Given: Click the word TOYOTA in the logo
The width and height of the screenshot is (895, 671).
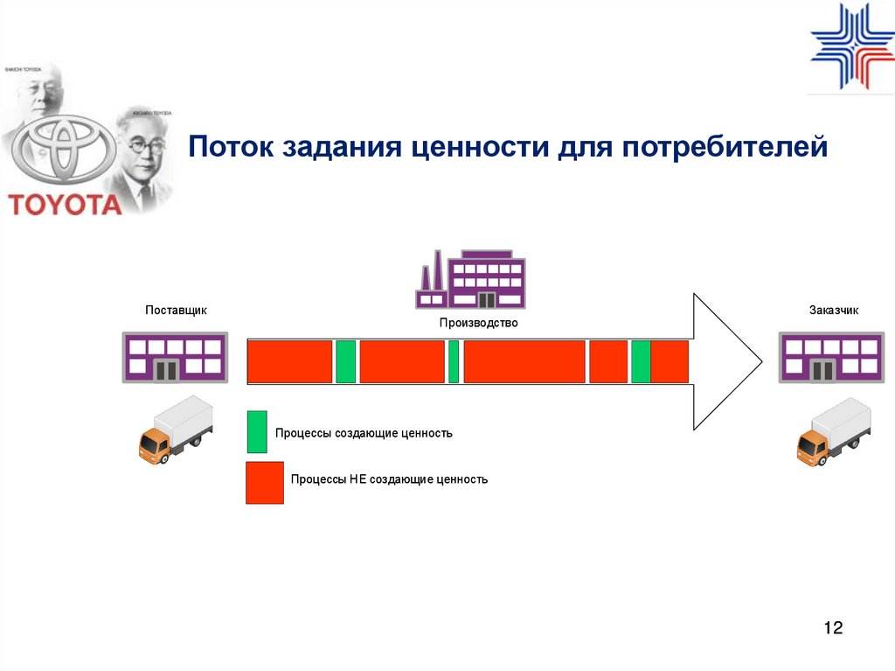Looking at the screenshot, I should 66,204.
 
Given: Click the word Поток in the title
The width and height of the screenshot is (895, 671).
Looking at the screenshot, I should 230,145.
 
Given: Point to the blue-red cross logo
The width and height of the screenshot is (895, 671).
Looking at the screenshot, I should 852,48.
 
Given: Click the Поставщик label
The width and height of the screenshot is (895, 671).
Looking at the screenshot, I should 176,310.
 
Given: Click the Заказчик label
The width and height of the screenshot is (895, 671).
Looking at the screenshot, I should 835,310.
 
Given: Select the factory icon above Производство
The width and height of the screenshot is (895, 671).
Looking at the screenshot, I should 470,280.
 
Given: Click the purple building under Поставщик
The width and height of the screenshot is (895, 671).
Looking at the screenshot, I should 176,357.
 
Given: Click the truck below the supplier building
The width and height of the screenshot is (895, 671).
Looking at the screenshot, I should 176,430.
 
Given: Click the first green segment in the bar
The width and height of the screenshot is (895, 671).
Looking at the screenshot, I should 346,362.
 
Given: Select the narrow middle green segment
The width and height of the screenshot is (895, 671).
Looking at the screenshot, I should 454,362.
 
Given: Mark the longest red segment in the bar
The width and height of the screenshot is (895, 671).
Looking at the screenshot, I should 524,362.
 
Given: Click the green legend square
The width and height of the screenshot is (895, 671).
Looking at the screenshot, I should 257,432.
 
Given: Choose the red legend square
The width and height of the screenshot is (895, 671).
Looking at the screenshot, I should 265,483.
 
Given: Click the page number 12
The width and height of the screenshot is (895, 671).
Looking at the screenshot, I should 833,628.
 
